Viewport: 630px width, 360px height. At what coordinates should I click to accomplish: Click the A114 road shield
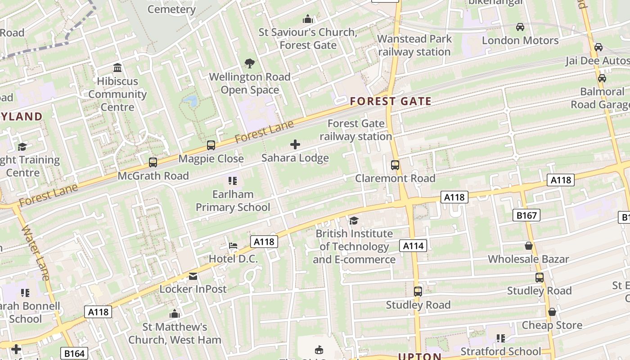[x=413, y=246]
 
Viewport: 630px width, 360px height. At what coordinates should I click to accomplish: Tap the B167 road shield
[x=526, y=216]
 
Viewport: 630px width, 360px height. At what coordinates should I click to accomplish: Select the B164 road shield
[x=74, y=354]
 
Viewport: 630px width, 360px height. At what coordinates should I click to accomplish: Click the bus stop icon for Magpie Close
[x=211, y=145]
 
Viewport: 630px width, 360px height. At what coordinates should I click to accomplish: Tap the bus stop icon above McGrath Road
[x=153, y=162]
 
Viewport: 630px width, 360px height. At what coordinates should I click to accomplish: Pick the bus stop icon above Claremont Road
[x=395, y=165]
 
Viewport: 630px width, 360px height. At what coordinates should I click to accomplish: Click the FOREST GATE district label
[x=391, y=102]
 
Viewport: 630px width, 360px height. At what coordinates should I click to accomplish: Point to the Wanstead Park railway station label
[x=414, y=45]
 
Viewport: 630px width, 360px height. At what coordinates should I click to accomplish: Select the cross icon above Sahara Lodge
[x=295, y=144]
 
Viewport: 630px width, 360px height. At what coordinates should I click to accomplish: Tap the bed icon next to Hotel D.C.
[x=233, y=246]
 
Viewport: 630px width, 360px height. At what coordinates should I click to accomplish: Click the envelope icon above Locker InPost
[x=193, y=276]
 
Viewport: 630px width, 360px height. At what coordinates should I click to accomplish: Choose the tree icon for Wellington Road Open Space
[x=249, y=63]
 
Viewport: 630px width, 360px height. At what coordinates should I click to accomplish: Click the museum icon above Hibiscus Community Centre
[x=117, y=68]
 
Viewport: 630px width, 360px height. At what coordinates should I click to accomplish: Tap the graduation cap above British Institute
[x=354, y=220]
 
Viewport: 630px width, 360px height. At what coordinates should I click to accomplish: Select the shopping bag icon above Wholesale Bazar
[x=529, y=246]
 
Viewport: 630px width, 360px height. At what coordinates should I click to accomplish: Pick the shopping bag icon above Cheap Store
[x=552, y=312]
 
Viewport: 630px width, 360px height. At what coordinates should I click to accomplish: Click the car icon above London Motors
[x=520, y=27]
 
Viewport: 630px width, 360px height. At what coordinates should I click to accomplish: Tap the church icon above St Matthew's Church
[x=175, y=314]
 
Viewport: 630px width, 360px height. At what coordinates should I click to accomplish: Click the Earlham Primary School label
[x=233, y=201]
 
